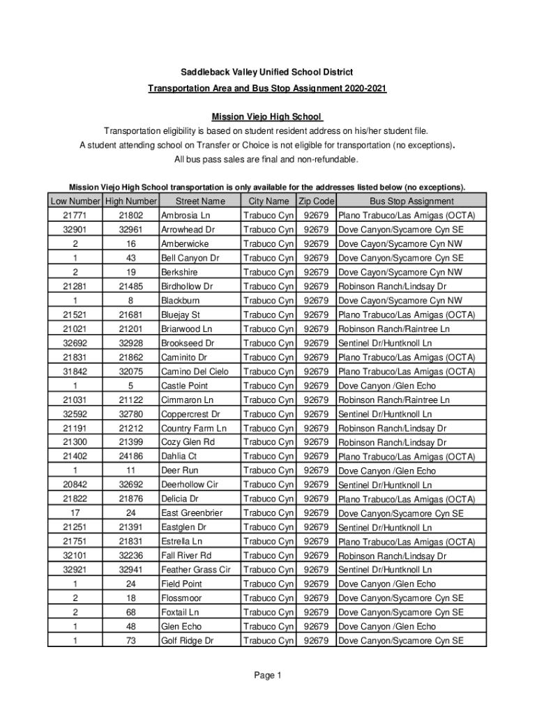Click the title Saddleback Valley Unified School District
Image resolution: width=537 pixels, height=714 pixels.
pos(268,73)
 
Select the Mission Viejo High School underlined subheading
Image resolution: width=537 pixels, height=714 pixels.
pos(267,116)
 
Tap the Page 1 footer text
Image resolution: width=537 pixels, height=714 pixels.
pos(268,675)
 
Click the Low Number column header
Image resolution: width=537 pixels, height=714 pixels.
pos(75,202)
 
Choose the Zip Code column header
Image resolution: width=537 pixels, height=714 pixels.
pos(317,202)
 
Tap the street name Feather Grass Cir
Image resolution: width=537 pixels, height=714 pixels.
pos(195,570)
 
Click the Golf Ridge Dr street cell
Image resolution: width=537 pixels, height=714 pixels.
pos(187,641)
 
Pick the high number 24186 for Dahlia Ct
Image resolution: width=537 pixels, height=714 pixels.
pos(130,456)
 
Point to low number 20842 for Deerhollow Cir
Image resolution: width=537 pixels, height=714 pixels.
pos(75,485)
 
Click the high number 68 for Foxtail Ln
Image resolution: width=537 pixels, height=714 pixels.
pos(130,612)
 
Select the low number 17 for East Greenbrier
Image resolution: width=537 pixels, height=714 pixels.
pos(75,512)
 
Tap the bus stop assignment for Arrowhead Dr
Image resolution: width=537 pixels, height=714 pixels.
pos(401,230)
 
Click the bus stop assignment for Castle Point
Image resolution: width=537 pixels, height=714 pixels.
pos(387,386)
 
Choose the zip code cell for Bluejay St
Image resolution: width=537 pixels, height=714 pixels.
pos(317,314)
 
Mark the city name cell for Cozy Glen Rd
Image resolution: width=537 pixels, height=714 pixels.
pos(268,442)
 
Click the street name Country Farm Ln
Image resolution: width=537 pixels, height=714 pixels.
pos(194,428)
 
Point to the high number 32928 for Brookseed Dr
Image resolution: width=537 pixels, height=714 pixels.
pos(130,343)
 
